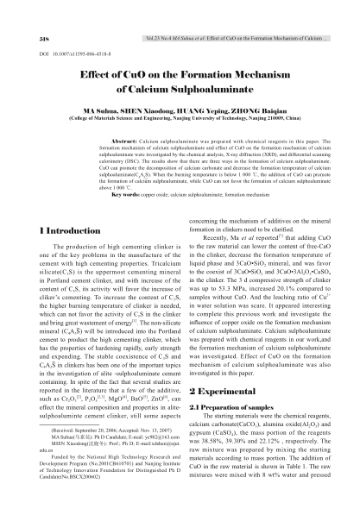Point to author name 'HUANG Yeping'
pyautogui.click(x=196, y=111)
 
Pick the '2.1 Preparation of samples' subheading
pyautogui.click(x=231, y=406)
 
